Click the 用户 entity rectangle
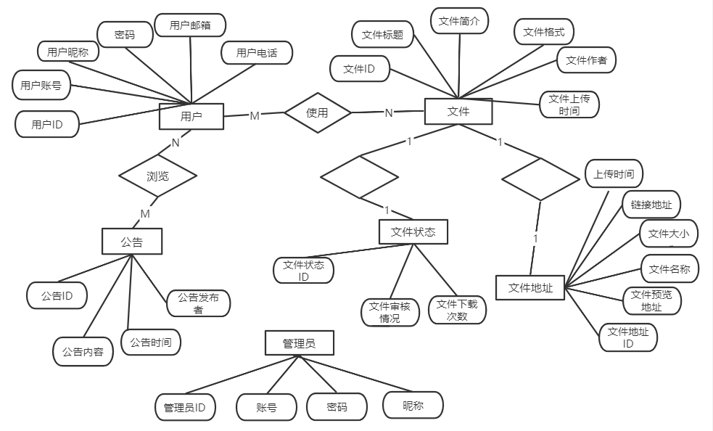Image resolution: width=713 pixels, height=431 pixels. coord(191,116)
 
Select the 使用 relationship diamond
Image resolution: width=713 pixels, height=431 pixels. coord(317,112)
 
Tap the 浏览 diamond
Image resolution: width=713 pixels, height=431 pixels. coord(157,176)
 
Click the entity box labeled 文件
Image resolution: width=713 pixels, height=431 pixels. coord(458,111)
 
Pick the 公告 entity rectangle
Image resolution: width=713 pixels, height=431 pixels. coord(131,242)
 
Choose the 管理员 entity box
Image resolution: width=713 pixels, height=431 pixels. coord(299,343)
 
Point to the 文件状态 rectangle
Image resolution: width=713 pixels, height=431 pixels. coord(413,232)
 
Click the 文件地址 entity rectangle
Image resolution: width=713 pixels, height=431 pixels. coord(530,287)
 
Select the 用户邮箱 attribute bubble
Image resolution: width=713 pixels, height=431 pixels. coord(190,25)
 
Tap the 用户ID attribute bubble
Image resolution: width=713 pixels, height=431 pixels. coord(46,125)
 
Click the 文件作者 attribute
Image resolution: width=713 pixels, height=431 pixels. coord(586,60)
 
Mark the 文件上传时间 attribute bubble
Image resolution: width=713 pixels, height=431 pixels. coord(569,104)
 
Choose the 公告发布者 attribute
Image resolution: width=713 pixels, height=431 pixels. coord(198,303)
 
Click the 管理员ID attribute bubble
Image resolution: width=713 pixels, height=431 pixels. coord(185,407)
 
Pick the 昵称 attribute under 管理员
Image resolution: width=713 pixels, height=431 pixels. coord(413,406)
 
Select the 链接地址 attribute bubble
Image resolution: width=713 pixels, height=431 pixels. coord(651,205)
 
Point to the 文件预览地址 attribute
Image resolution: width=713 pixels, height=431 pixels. coord(651,300)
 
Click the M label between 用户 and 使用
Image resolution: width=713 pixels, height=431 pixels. coord(255,115)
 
